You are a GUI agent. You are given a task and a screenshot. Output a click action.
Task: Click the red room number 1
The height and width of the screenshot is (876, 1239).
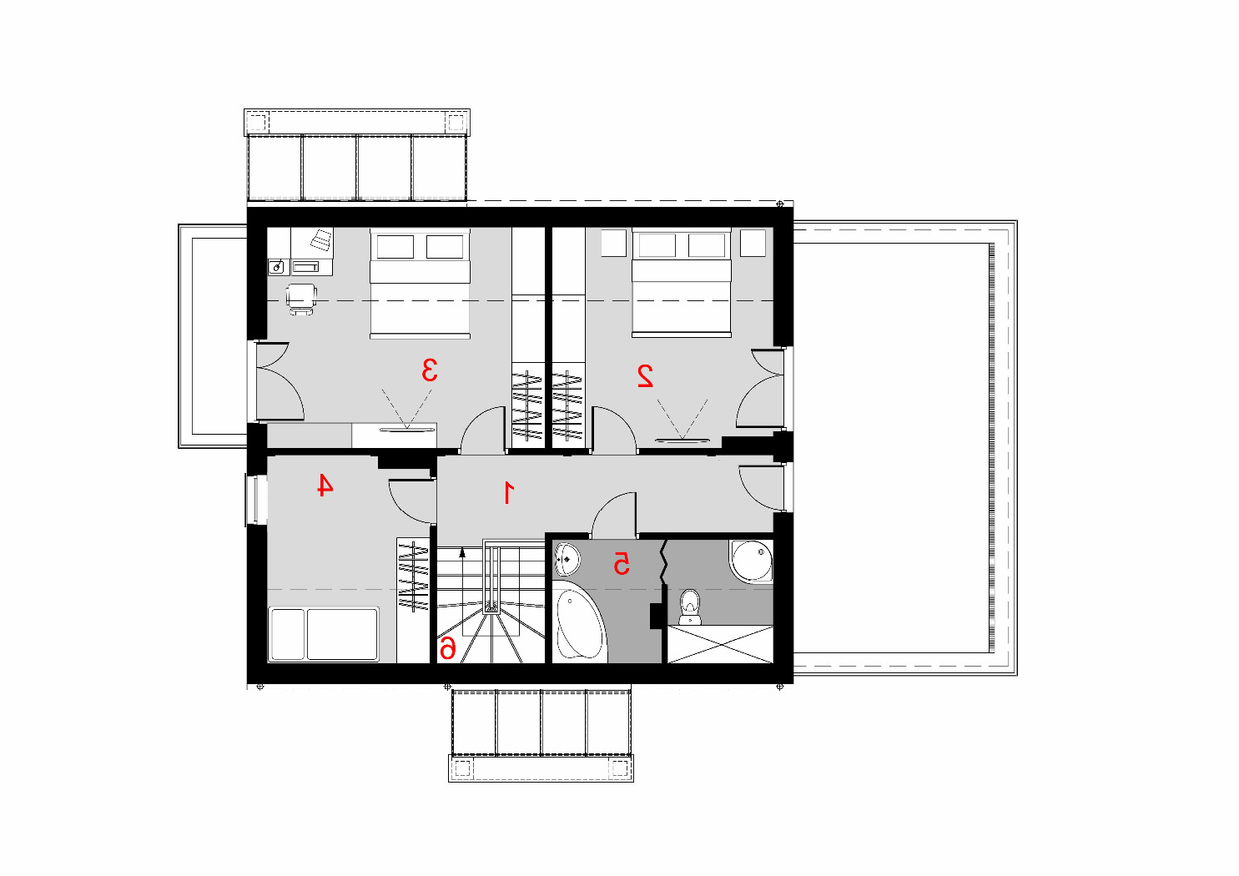click(x=508, y=493)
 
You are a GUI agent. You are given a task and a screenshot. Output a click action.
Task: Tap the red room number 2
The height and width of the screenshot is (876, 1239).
click(x=645, y=375)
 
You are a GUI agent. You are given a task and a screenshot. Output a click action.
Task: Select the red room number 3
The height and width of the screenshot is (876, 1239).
click(x=430, y=370)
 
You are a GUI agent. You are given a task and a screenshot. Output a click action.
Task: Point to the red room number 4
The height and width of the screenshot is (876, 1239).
click(x=325, y=485)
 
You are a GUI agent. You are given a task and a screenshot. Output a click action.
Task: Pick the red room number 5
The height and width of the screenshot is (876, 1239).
click(x=622, y=563)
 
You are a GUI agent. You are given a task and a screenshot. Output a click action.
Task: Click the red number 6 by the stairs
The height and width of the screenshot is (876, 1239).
click(x=447, y=647)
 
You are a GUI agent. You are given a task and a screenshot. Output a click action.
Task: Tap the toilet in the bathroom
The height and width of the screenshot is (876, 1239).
click(x=689, y=607)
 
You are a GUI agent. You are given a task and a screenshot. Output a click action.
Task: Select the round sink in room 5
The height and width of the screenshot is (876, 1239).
click(x=567, y=559)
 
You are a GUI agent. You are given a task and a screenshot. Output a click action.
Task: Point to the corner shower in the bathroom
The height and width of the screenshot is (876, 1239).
click(x=753, y=560)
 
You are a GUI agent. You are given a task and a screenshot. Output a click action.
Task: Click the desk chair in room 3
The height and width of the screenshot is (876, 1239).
click(x=301, y=300)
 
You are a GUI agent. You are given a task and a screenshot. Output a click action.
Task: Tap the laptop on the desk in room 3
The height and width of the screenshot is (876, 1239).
click(x=321, y=240)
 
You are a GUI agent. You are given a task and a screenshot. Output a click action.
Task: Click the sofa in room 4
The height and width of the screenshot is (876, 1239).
click(x=324, y=634)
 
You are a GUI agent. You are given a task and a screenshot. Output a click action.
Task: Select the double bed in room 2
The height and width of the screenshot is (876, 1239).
click(x=682, y=282)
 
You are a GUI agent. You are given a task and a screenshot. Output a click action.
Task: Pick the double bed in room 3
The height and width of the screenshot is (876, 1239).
click(x=420, y=283)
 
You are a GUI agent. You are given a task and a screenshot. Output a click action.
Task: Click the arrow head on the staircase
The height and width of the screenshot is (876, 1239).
click(x=462, y=551)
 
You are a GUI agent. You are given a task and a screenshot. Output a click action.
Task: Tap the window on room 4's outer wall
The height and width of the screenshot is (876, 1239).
click(x=252, y=500)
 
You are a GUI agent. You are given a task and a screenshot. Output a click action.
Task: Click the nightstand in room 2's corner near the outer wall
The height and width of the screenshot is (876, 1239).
click(x=753, y=243)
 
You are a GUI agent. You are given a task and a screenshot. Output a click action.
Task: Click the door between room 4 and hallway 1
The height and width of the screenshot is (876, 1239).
click(x=412, y=502)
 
